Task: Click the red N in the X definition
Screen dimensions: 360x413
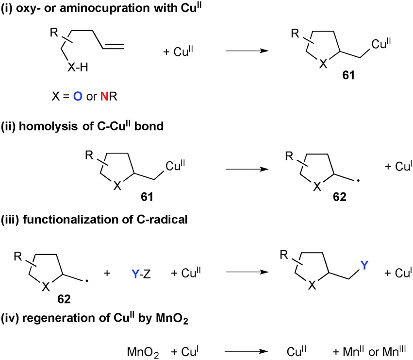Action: pyautogui.click(x=103, y=97)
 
